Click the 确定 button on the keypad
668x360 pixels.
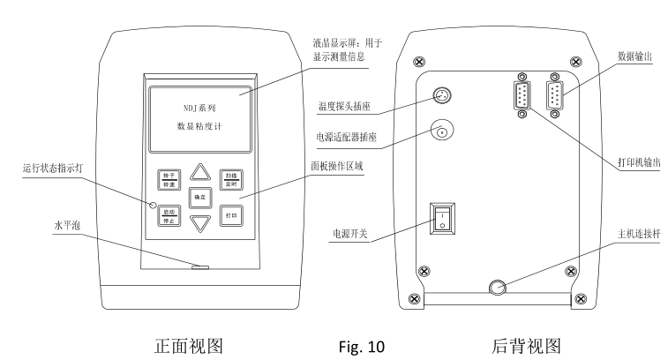click(x=202, y=198)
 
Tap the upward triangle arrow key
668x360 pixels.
click(x=202, y=171)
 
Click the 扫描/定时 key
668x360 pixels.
click(x=232, y=177)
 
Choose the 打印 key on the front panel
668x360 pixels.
click(x=232, y=216)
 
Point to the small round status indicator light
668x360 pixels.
click(x=152, y=205)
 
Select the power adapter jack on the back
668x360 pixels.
click(x=440, y=133)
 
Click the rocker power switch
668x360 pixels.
click(x=441, y=217)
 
